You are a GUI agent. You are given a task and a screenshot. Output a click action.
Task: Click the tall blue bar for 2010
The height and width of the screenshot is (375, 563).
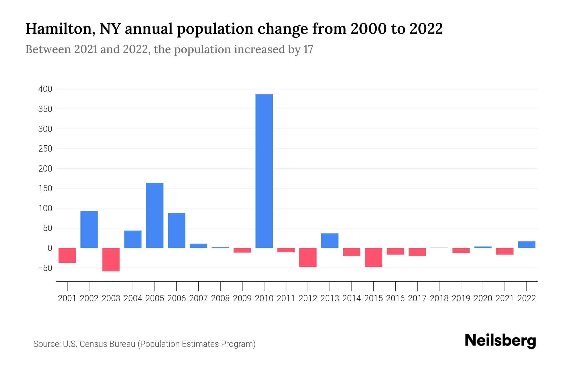tap(264, 171)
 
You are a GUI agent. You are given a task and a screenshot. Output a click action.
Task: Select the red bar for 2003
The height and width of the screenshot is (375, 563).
tap(111, 259)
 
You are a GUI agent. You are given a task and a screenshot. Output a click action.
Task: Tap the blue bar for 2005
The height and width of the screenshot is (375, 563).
tap(155, 215)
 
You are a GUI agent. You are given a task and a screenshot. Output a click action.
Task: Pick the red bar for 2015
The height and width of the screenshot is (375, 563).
tap(373, 257)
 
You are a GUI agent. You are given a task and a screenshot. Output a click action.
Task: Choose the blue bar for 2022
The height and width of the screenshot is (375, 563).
tap(527, 245)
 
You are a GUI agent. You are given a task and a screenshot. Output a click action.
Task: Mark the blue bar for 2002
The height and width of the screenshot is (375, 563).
tap(89, 229)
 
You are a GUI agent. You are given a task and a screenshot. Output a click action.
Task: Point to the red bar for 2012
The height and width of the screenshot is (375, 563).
tap(308, 257)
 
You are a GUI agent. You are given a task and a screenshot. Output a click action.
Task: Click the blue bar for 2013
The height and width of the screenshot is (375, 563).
tap(330, 241)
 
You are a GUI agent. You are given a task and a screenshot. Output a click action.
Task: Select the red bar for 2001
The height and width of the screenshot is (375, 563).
tap(67, 255)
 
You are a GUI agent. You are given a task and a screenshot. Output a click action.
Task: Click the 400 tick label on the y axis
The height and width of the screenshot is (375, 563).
tap(45, 89)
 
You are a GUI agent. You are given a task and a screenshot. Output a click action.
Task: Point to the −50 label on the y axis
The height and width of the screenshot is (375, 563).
tap(45, 268)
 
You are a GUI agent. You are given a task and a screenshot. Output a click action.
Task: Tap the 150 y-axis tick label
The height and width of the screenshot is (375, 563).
tap(45, 188)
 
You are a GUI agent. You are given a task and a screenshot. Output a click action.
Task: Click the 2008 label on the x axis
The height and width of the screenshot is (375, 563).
tap(221, 298)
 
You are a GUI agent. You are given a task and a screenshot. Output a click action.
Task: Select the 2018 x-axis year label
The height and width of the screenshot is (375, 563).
tap(439, 298)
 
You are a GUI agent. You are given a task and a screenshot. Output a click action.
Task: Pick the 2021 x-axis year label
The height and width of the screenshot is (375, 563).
tap(505, 298)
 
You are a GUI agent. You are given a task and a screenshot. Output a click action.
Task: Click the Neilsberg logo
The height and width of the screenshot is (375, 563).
tap(500, 341)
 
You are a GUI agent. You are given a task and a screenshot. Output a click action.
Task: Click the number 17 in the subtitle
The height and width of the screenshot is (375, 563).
tap(308, 50)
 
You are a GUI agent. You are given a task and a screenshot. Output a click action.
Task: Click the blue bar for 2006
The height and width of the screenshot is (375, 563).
tap(177, 230)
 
